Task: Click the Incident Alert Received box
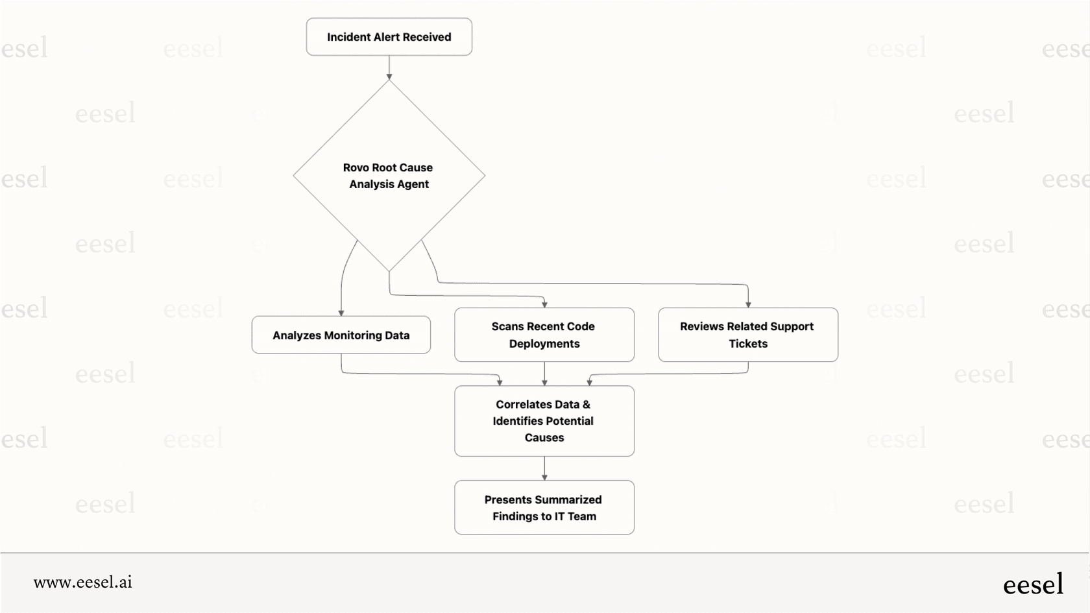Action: coord(389,37)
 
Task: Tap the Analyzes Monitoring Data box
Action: coord(341,335)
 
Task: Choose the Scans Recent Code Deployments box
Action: coord(544,335)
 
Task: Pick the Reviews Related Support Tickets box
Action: coord(747,335)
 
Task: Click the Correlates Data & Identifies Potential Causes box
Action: coord(544,421)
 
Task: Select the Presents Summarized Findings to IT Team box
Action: coord(544,507)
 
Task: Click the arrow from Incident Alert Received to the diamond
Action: coord(389,67)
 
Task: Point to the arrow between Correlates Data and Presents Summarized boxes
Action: coord(544,468)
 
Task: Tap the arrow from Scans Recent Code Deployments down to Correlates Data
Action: coord(544,373)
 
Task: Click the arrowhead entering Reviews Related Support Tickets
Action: coord(748,304)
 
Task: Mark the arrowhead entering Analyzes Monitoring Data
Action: coord(341,313)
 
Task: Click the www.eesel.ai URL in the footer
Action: coord(83,582)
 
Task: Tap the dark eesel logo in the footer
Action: coord(1033,584)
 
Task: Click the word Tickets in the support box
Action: coord(748,344)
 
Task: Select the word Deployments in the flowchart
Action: coord(544,344)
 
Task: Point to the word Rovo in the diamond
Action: coord(356,167)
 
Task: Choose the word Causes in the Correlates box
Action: coord(544,438)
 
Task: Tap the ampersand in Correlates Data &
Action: coord(587,404)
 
